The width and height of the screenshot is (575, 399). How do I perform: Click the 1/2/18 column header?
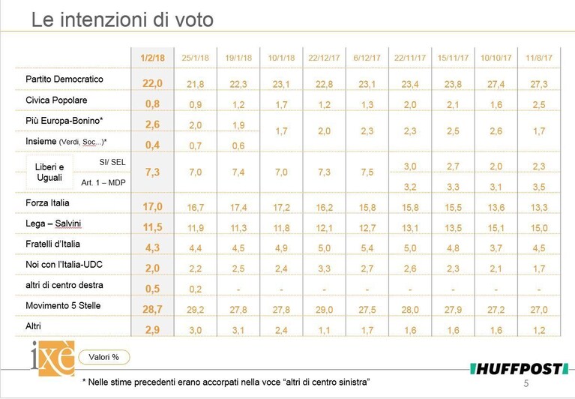click(152, 58)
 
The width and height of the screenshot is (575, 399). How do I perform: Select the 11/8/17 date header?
click(539, 58)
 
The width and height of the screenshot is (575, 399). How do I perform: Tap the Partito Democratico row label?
click(64, 79)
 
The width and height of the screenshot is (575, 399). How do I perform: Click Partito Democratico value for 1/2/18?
click(152, 83)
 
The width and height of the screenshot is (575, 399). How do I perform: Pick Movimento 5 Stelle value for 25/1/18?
click(196, 310)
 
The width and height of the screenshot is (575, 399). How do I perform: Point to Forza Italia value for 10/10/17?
click(496, 208)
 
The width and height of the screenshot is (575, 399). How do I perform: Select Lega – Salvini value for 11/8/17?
click(539, 228)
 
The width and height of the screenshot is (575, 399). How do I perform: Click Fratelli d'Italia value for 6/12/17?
click(367, 249)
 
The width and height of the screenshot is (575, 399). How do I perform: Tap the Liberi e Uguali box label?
click(49, 172)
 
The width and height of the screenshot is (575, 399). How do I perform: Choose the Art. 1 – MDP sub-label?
click(103, 183)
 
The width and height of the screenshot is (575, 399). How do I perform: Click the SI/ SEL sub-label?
click(112, 162)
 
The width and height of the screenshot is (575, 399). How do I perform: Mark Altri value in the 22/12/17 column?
click(324, 331)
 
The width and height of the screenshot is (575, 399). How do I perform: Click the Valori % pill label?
click(103, 357)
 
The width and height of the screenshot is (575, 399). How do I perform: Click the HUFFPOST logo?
click(519, 369)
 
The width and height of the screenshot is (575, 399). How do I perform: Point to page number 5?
click(526, 383)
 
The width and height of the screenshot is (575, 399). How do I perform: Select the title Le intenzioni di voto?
click(122, 19)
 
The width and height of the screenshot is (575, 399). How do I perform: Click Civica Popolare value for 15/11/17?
click(453, 105)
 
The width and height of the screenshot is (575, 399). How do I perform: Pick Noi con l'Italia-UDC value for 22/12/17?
click(324, 269)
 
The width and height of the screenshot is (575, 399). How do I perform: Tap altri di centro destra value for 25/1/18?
click(196, 289)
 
